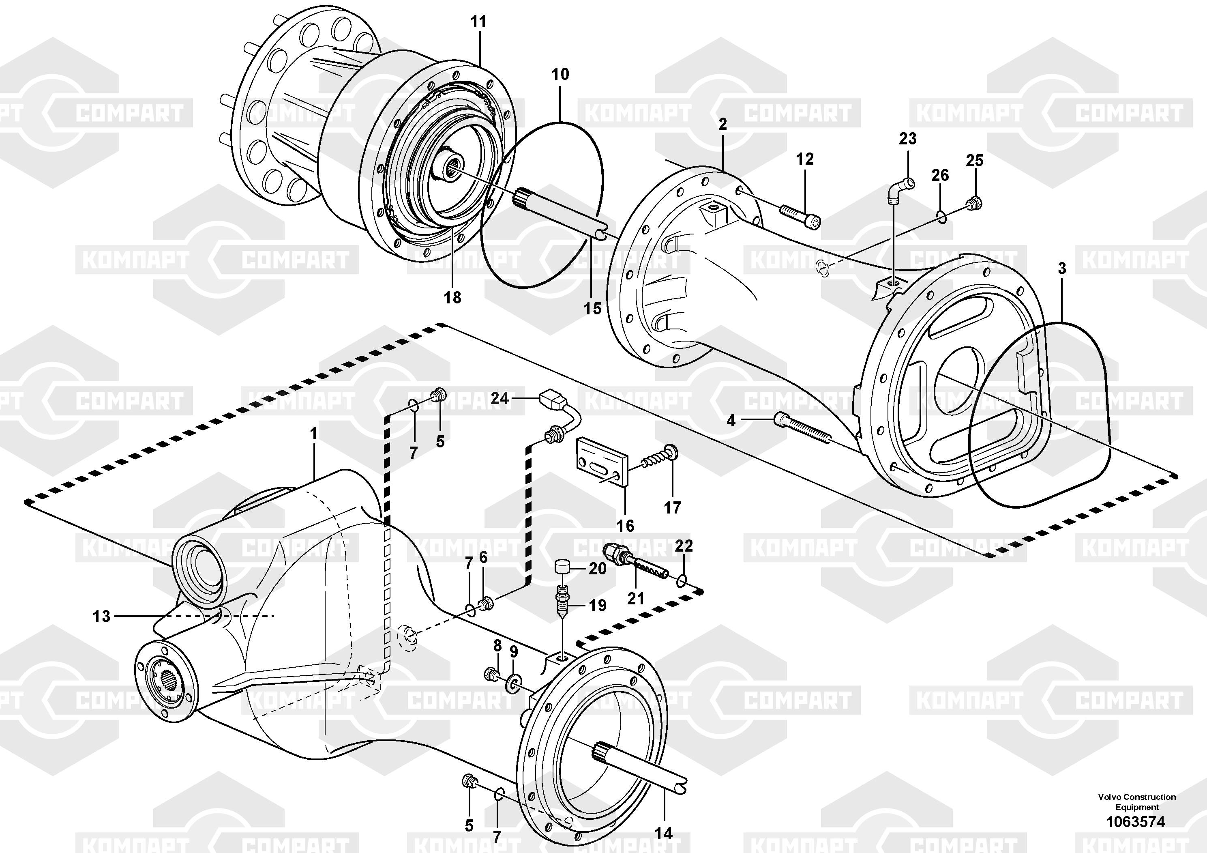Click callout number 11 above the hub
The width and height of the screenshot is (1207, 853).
(478, 22)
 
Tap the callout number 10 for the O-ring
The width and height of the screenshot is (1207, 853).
(560, 74)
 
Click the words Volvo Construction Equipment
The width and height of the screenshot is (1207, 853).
(1136, 802)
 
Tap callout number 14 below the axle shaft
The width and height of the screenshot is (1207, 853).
(663, 833)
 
